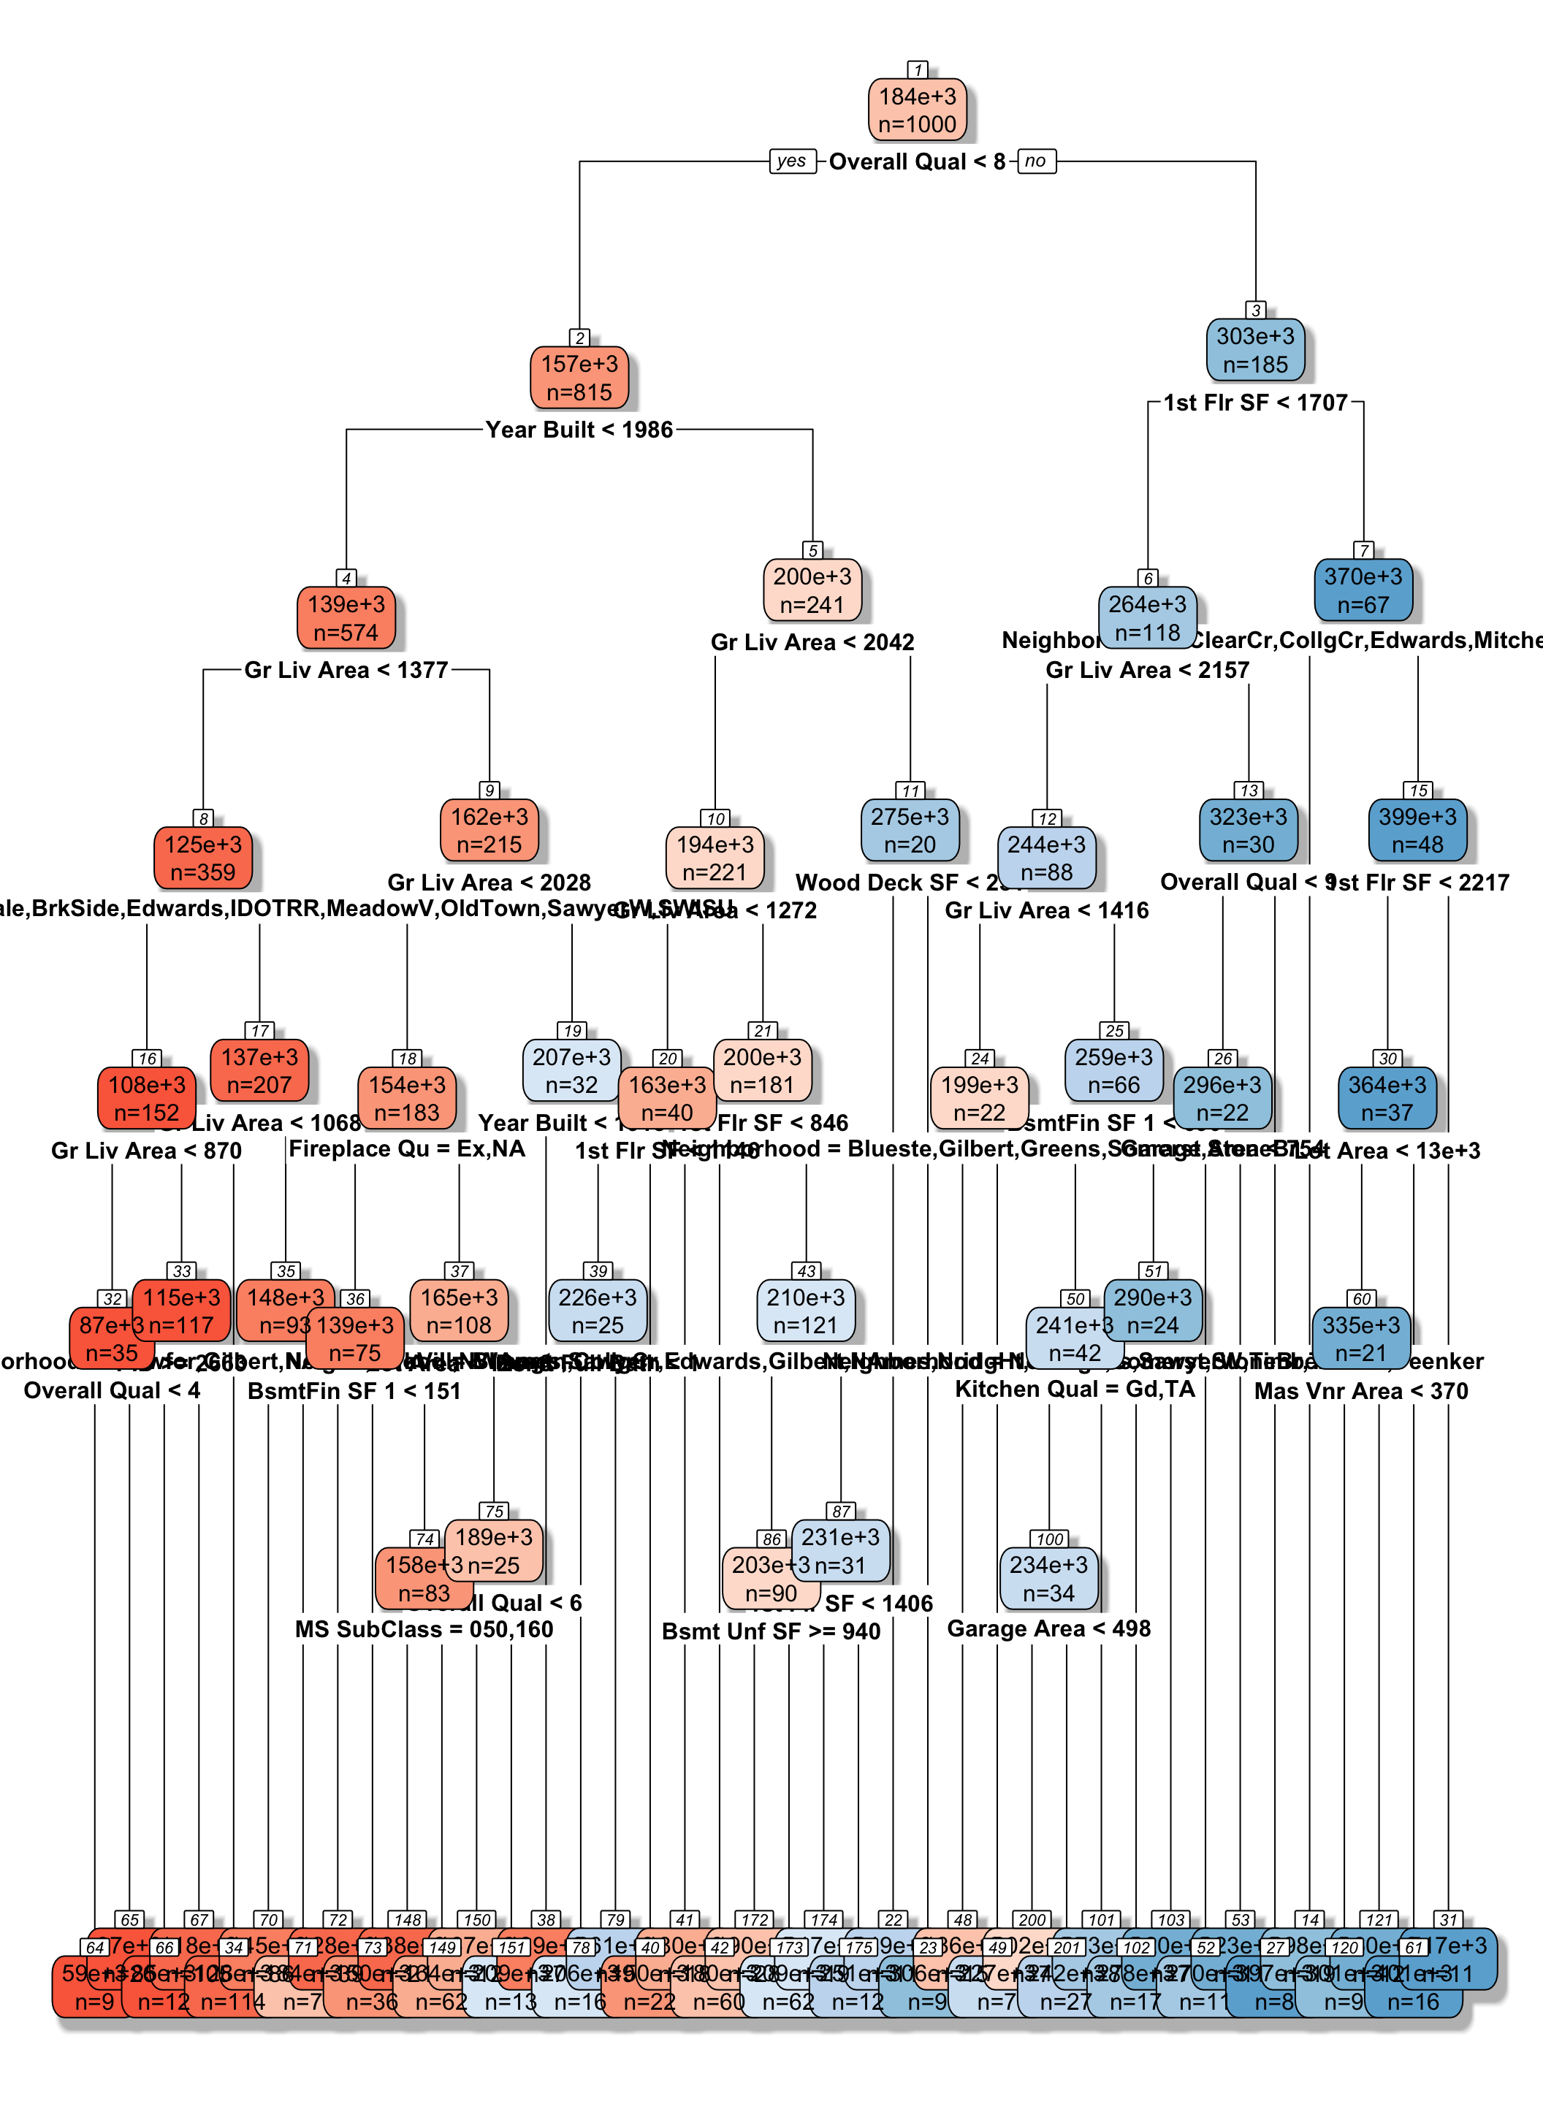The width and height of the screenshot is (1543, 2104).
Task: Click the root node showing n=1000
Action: click(x=917, y=110)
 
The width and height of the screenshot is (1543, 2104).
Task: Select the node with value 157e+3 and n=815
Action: click(x=579, y=378)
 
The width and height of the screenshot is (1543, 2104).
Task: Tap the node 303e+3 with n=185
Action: click(x=1255, y=350)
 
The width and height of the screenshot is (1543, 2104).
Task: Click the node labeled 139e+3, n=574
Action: click(x=346, y=618)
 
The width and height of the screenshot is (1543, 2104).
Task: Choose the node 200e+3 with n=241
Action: click(x=812, y=590)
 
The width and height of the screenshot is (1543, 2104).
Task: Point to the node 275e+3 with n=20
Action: click(x=910, y=830)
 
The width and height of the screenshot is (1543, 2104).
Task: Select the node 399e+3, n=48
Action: click(x=1417, y=830)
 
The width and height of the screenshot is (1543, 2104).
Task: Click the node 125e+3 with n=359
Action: click(x=202, y=858)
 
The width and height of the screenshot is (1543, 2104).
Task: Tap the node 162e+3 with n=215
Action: click(x=489, y=830)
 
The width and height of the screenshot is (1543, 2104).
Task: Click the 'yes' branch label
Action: click(x=791, y=161)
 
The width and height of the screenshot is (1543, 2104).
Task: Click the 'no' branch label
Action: click(x=1035, y=161)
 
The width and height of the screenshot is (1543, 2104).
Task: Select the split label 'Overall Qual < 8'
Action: click(x=916, y=161)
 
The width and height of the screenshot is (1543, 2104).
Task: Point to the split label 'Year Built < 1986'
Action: click(x=579, y=430)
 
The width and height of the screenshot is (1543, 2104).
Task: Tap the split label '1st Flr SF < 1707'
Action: click(x=1255, y=403)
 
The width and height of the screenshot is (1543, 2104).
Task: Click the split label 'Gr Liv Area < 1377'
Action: click(x=346, y=670)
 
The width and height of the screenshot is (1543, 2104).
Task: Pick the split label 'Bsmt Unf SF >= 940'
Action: click(x=771, y=1631)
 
